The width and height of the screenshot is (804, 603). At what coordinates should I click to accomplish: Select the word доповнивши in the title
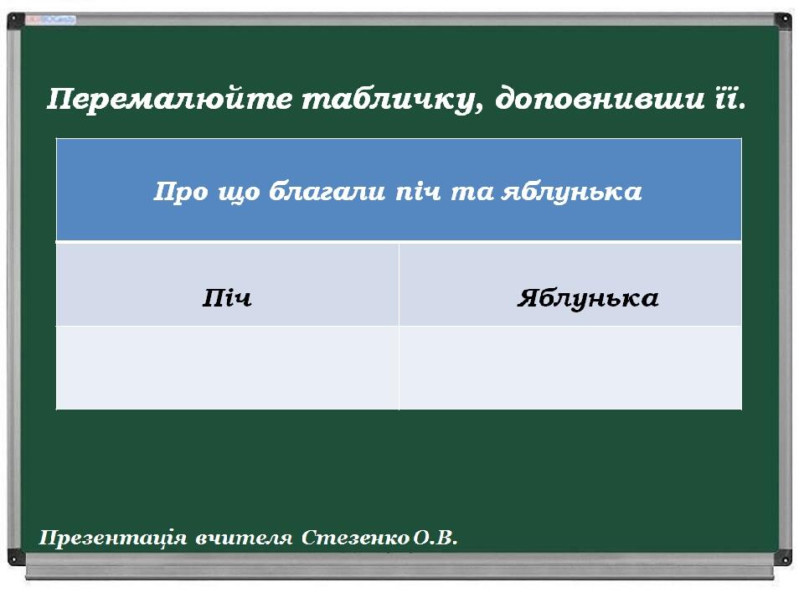[600, 100]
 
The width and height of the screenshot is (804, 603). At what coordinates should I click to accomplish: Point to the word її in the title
[730, 99]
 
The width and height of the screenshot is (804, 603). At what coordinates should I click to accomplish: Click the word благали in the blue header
[327, 191]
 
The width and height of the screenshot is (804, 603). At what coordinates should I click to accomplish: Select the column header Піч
[227, 298]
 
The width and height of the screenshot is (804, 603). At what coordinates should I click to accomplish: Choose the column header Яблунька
[588, 298]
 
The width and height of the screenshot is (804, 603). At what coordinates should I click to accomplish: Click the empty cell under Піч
[227, 368]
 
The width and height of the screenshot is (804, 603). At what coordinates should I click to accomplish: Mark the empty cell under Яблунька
[570, 368]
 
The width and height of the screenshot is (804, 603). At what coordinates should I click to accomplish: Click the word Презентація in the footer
[113, 538]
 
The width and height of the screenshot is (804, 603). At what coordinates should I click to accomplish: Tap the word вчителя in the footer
[244, 538]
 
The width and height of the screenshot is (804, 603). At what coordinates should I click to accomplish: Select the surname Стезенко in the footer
[355, 538]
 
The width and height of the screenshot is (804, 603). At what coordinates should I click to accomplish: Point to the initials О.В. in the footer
[435, 538]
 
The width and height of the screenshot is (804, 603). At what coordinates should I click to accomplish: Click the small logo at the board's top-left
[51, 20]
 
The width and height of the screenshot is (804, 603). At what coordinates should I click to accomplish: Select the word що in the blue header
[239, 193]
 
